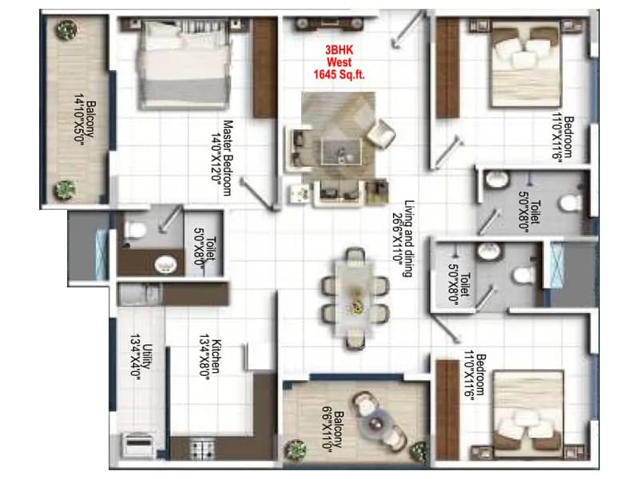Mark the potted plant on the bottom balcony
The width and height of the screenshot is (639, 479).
point(298,449)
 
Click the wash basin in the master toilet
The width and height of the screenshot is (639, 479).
point(166,263)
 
